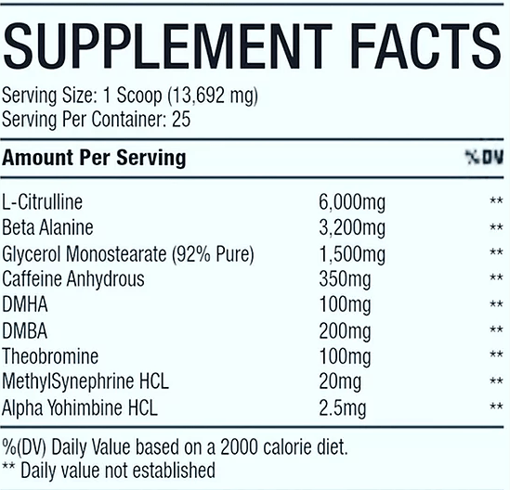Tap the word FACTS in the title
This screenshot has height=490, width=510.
(426, 46)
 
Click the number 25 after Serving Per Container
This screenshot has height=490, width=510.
(181, 120)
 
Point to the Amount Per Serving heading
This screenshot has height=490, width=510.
(94, 159)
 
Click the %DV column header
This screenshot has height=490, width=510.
(484, 157)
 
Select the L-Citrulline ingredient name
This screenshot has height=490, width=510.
(43, 201)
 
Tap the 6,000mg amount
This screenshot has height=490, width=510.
(352, 203)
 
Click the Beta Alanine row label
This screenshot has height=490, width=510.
(47, 227)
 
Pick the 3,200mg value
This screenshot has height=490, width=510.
(352, 228)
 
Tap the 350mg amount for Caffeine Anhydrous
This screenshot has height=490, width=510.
(345, 280)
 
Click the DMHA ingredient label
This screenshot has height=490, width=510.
(25, 304)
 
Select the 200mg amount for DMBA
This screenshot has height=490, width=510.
(345, 332)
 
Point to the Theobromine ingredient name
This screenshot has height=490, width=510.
(50, 356)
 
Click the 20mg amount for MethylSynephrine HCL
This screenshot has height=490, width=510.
(340, 382)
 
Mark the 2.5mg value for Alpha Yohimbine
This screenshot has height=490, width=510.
(343, 408)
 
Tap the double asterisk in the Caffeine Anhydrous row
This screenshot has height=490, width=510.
(496, 277)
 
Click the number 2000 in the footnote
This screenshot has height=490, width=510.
(239, 447)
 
